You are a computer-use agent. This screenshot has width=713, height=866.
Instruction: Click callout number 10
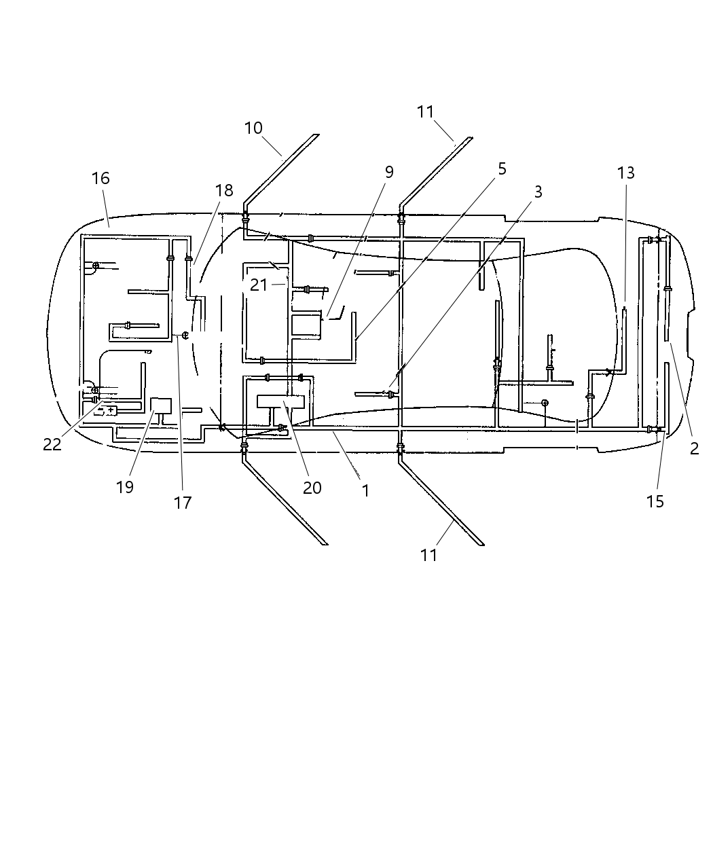(x=253, y=128)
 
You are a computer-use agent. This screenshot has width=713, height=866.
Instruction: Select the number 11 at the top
(x=426, y=112)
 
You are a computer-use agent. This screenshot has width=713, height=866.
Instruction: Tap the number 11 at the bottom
(x=428, y=555)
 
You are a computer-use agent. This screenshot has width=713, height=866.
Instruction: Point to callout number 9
(x=389, y=173)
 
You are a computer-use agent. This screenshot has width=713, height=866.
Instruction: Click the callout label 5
(x=502, y=169)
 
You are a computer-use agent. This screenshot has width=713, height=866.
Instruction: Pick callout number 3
(x=538, y=192)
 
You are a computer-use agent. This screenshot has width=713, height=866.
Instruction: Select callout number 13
(x=626, y=173)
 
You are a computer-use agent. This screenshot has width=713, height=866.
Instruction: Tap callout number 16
(x=100, y=179)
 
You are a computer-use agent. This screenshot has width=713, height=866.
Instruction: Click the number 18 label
(x=224, y=191)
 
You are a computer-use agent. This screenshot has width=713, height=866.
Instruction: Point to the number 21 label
(x=259, y=285)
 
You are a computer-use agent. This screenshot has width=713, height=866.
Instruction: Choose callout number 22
(x=52, y=445)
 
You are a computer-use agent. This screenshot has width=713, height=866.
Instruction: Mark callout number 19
(x=125, y=487)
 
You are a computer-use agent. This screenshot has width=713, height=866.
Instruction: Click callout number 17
(x=183, y=503)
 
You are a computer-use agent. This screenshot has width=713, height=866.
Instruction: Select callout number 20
(x=312, y=488)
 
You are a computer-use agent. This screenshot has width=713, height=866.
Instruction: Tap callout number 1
(x=365, y=490)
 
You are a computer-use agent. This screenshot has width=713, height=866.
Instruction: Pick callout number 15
(x=655, y=502)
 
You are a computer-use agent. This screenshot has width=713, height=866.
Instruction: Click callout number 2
(x=694, y=448)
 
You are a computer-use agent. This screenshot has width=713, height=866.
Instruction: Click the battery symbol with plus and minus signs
(x=106, y=410)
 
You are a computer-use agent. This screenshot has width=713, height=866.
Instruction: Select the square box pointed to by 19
(x=161, y=406)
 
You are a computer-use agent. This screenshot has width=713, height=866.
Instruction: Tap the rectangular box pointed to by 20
(x=280, y=401)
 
